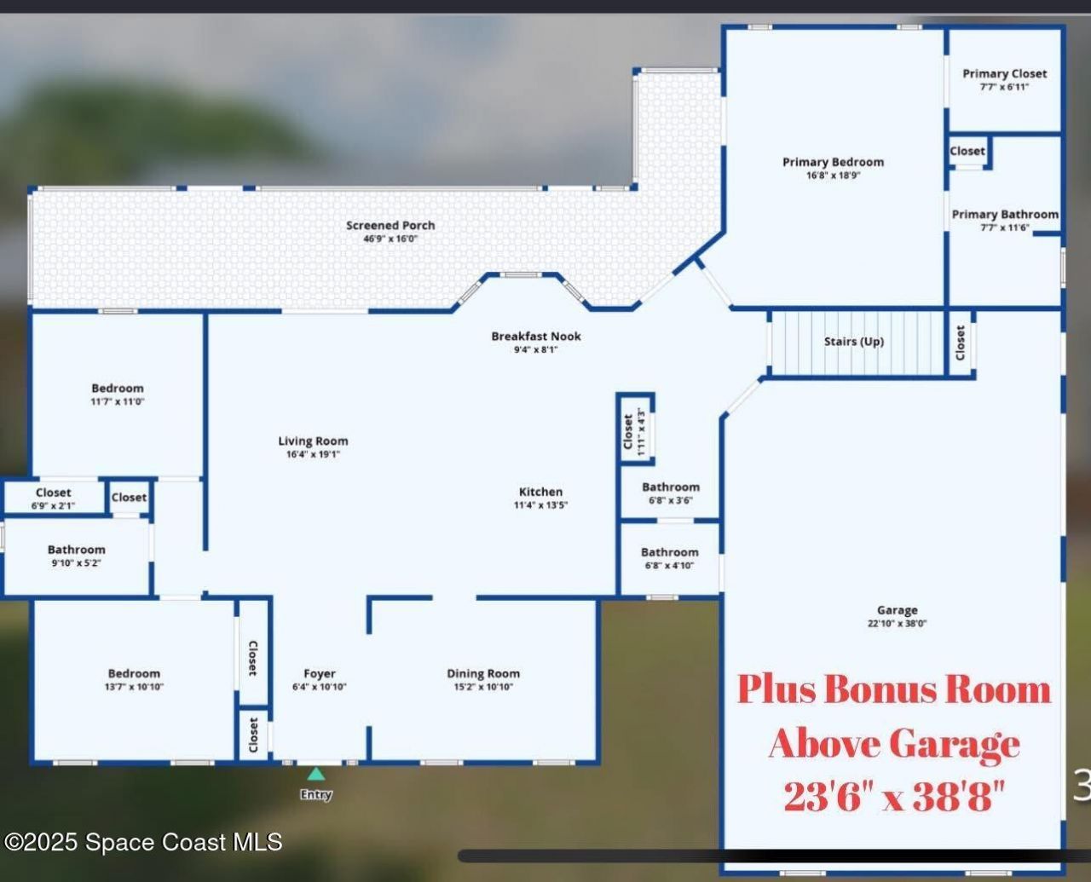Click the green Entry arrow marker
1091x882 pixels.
coord(315,774)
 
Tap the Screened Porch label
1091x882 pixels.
coord(390,226)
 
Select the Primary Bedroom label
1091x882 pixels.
coord(833,162)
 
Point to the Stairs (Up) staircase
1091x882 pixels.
coord(854,342)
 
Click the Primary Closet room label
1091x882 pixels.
coord(1004,74)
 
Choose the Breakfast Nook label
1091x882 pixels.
coord(535,337)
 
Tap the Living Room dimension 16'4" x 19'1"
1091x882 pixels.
coord(313,455)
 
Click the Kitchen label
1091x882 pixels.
coord(540,492)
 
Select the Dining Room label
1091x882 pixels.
coord(483,673)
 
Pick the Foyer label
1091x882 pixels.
coord(320,673)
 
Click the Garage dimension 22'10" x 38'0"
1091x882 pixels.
coord(897,624)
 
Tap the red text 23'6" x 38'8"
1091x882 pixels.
coord(894,798)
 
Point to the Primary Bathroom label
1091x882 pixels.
coord(1005,215)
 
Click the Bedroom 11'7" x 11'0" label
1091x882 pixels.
coord(118,389)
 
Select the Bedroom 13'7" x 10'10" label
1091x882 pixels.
coord(134,673)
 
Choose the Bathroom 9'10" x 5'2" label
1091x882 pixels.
coord(77,551)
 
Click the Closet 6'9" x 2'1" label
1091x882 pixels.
coord(53,493)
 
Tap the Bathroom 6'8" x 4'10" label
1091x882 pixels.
coord(669,553)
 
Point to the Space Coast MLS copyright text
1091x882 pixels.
coord(142,842)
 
